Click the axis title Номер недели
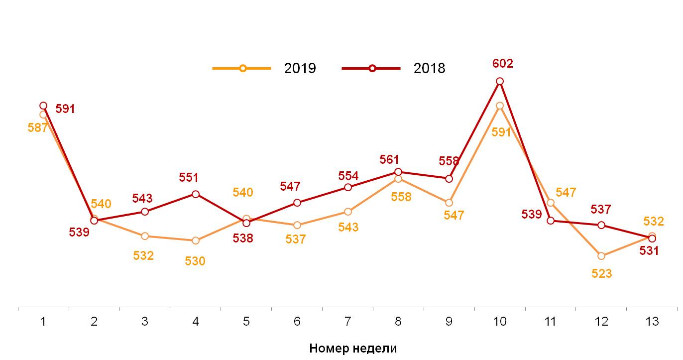pyautogui.click(x=353, y=348)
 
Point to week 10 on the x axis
pyautogui.click(x=500, y=322)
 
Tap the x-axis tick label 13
pyautogui.click(x=652, y=322)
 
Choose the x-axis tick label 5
pyautogui.click(x=246, y=322)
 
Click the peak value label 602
pyautogui.click(x=502, y=64)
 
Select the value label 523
pyautogui.click(x=601, y=273)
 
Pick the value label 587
pyautogui.click(x=37, y=127)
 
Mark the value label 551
pyautogui.click(x=189, y=177)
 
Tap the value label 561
pyautogui.click(x=389, y=160)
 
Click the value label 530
pyautogui.click(x=195, y=261)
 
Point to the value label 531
pyautogui.click(x=649, y=251)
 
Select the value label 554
pyautogui.click(x=348, y=176)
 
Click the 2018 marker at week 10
pyautogui.click(x=500, y=81)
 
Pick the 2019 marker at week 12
pyautogui.click(x=601, y=256)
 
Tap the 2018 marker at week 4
pyautogui.click(x=196, y=194)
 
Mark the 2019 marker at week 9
pyautogui.click(x=449, y=203)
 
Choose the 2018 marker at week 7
pyautogui.click(x=348, y=187)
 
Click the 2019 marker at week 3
pyautogui.click(x=145, y=236)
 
